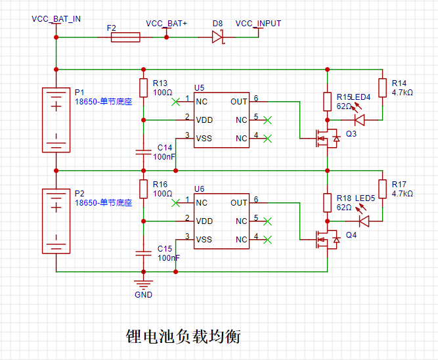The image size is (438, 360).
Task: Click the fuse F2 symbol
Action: point(125,37)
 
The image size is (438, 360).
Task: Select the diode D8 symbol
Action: point(217,37)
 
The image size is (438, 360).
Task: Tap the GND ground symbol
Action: point(143,284)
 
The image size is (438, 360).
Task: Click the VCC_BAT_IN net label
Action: point(56,19)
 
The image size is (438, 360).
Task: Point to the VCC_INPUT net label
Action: point(258,24)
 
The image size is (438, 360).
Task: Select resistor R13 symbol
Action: point(143,88)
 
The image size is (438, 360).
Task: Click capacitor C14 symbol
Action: point(143,152)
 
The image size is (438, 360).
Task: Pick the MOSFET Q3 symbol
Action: point(328,139)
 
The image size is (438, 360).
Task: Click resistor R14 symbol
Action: point(382,88)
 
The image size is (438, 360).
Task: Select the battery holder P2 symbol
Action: point(56,221)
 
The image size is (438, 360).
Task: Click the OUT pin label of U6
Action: point(239,202)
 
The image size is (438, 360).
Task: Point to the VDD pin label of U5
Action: point(204,120)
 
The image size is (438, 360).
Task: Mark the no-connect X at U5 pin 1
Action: point(175,102)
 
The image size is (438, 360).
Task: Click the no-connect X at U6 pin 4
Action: point(267,240)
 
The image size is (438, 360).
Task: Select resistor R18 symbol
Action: point(328,202)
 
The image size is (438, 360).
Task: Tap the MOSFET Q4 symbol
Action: point(328,240)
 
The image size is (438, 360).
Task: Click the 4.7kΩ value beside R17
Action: point(403,193)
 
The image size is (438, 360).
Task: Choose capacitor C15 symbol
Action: point(143,254)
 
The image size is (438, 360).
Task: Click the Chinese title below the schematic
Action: point(183,336)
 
